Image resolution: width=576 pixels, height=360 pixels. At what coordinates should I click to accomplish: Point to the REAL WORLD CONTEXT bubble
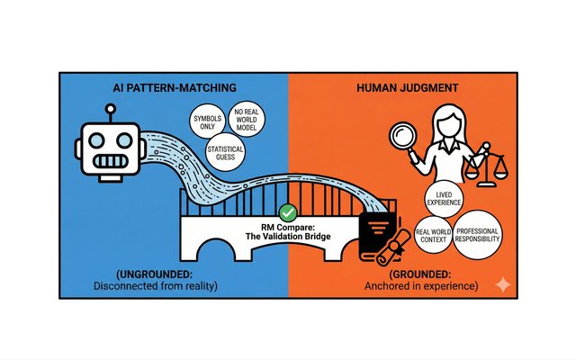pos(432,239)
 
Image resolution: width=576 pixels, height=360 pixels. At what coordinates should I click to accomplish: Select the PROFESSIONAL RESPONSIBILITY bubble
pos(477,232)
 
